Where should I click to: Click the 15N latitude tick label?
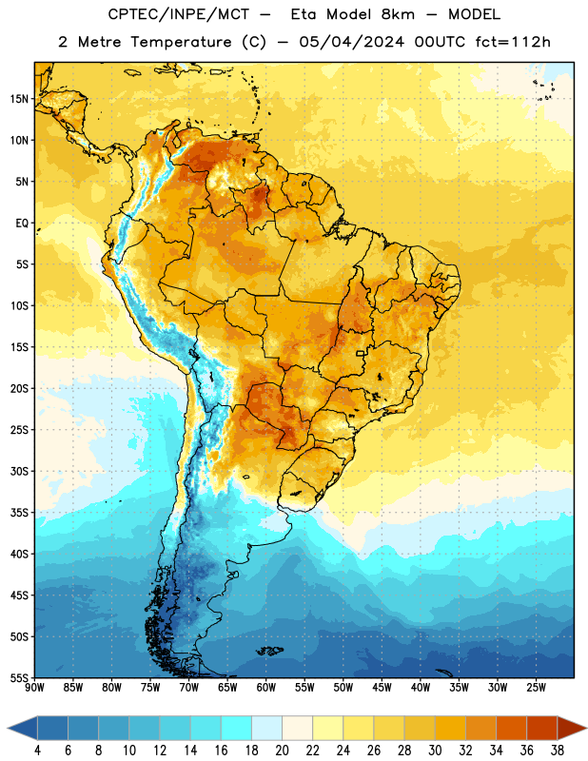[x=19, y=99]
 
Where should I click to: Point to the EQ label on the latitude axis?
[x=22, y=224]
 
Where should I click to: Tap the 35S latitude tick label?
[x=19, y=513]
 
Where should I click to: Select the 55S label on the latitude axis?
[x=19, y=677]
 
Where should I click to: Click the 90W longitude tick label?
[x=34, y=688]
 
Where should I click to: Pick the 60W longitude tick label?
[x=266, y=688]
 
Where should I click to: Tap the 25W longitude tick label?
[x=536, y=688]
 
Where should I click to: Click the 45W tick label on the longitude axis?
[x=382, y=688]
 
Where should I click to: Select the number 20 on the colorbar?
[x=282, y=751]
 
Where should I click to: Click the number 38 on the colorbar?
[x=558, y=751]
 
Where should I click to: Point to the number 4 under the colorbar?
[x=37, y=751]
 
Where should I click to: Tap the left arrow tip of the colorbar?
[x=8, y=728]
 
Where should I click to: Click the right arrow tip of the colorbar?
[x=586, y=728]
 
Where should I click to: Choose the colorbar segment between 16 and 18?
[x=237, y=728]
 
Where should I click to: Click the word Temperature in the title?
[x=182, y=42]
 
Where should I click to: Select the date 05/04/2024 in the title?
[x=351, y=42]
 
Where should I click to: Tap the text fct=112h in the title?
[x=513, y=42]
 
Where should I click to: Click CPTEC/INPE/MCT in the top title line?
[x=178, y=14]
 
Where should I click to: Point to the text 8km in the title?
[x=398, y=14]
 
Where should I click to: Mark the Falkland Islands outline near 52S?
[x=270, y=651]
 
